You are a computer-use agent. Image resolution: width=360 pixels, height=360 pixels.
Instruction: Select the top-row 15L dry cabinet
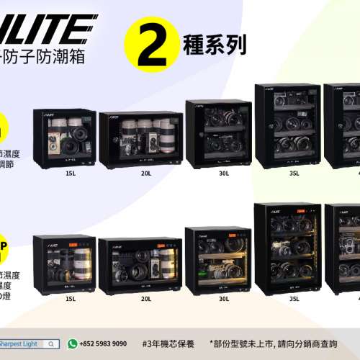[x=64, y=138]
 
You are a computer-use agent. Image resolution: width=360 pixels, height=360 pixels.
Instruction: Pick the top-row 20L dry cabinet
[x=140, y=140]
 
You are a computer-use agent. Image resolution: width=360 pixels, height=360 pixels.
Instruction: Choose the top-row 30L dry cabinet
[x=218, y=134]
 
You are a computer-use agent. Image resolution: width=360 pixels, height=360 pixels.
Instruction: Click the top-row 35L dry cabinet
[x=287, y=126]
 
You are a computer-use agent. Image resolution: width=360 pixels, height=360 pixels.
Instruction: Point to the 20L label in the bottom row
[x=146, y=299]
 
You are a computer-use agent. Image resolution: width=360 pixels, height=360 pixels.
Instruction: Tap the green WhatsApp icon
[x=72, y=344]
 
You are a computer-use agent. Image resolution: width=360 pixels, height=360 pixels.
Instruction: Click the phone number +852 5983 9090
[x=102, y=344]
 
